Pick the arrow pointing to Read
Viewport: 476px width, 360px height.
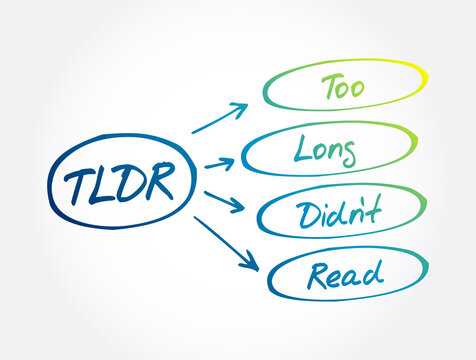228,244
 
